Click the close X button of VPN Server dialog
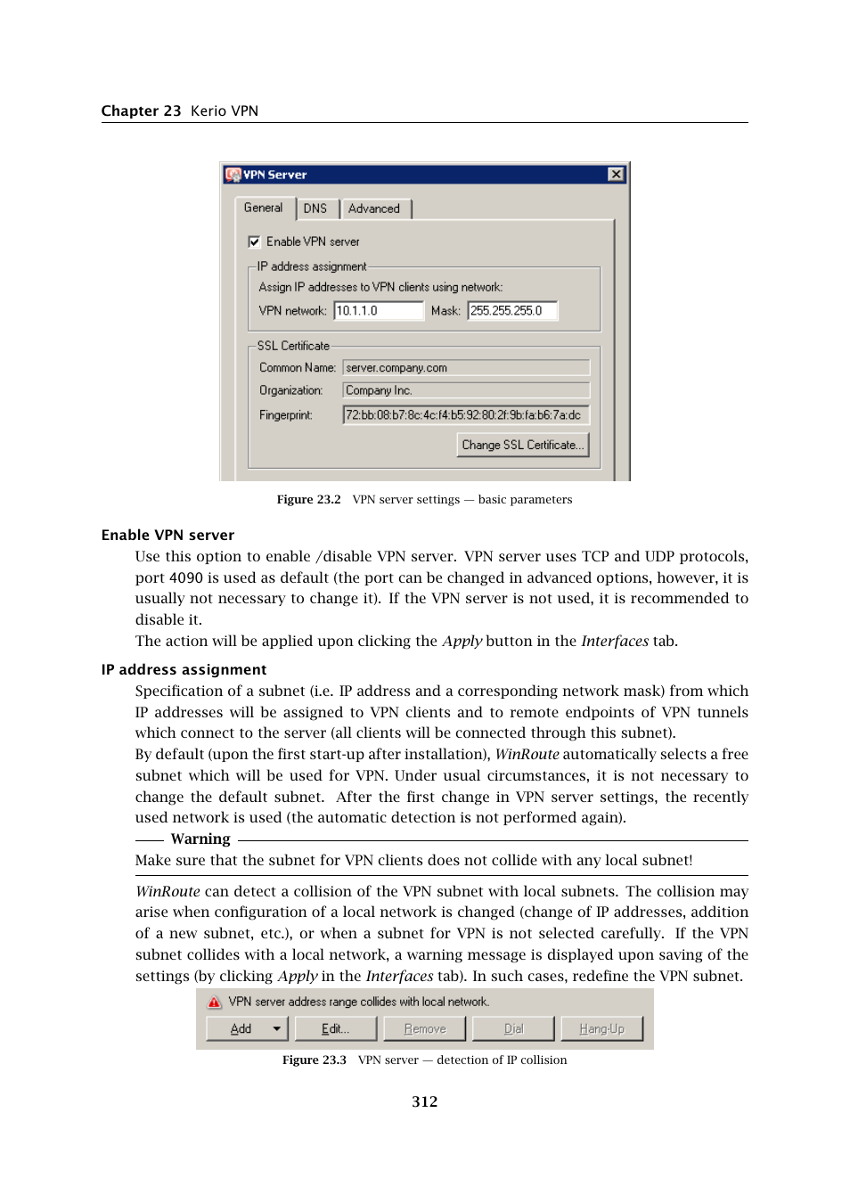(616, 175)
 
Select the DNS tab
(315, 209)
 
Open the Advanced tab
(374, 209)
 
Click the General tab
(263, 208)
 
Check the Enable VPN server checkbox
(254, 241)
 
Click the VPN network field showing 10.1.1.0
(378, 311)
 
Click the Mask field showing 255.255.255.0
(512, 311)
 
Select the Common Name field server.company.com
(466, 368)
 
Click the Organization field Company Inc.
(466, 390)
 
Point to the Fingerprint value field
(466, 415)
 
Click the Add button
(241, 1028)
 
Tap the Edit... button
(336, 1028)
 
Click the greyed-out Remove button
(425, 1028)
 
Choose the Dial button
(513, 1028)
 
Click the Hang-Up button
(601, 1028)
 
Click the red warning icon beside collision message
(215, 1002)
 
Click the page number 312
(425, 1101)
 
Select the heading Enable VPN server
(168, 535)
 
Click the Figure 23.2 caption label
(308, 500)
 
